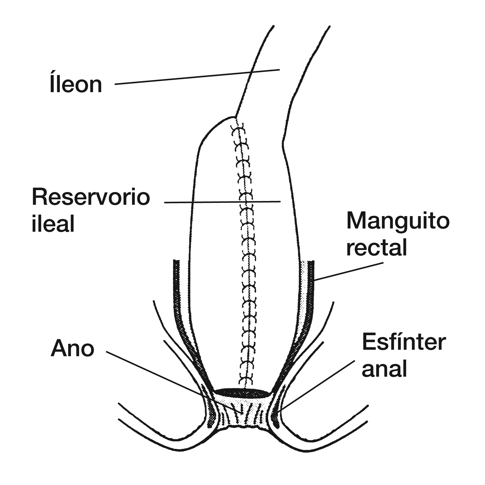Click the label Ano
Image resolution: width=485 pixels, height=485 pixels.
pyautogui.click(x=72, y=349)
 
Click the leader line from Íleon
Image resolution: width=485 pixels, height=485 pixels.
pyautogui.click(x=197, y=77)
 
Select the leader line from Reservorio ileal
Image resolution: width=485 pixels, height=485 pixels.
pyautogui.click(x=222, y=202)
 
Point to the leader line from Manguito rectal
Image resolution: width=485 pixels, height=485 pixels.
pyautogui.click(x=349, y=272)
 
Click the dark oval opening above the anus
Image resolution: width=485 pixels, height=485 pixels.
pyautogui.click(x=242, y=393)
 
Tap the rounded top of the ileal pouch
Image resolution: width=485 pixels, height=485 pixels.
pyautogui.click(x=216, y=127)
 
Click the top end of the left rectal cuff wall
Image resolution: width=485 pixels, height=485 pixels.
pyautogui.click(x=177, y=261)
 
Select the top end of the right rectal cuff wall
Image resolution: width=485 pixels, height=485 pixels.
pyautogui.click(x=311, y=262)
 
